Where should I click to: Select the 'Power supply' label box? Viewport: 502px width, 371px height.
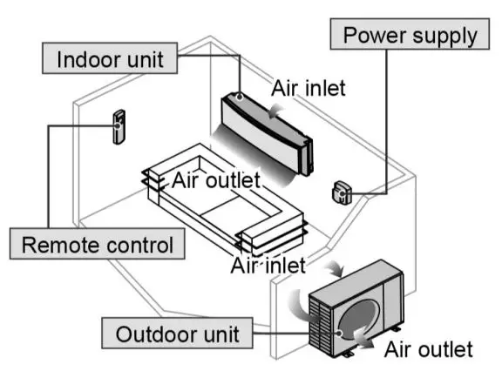(x=410, y=36)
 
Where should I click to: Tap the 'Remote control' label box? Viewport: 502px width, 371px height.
(x=96, y=243)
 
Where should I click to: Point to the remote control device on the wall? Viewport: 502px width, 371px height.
(x=118, y=127)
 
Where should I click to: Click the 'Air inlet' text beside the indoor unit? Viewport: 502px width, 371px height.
(x=309, y=87)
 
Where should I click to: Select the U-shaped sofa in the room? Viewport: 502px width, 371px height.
(x=227, y=205)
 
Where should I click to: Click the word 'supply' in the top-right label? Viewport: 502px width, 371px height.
(x=444, y=36)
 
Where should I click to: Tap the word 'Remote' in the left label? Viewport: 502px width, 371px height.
(x=58, y=243)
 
